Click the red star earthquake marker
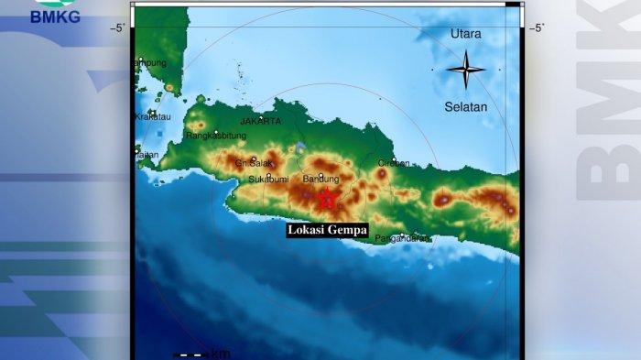tap(326, 199)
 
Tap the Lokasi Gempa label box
tap(327, 230)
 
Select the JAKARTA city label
tap(261, 120)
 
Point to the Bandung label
tap(320, 179)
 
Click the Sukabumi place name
tap(269, 180)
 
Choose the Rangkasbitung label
tap(216, 136)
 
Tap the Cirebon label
tap(394, 163)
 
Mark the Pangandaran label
tap(403, 238)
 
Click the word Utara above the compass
tap(465, 34)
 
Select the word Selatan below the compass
tap(466, 106)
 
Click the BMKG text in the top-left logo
tap(55, 16)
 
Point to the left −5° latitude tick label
tap(118, 27)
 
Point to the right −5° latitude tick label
tap(538, 27)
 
